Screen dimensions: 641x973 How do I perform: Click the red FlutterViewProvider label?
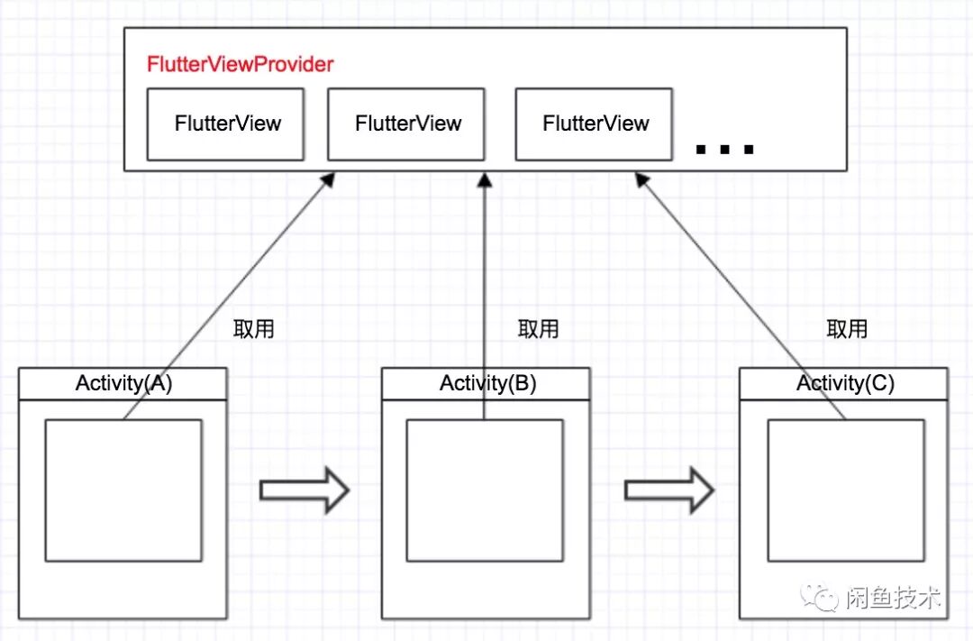pyautogui.click(x=240, y=65)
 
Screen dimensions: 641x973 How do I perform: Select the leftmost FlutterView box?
pyautogui.click(x=226, y=124)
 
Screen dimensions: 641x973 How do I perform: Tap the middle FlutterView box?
pyautogui.click(x=406, y=124)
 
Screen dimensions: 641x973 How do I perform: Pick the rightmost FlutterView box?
pyautogui.click(x=595, y=124)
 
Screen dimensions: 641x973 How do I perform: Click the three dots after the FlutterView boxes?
pyautogui.click(x=725, y=150)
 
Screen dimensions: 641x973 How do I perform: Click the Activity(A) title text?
pyautogui.click(x=123, y=383)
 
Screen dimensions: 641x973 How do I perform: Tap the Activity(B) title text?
pyautogui.click(x=487, y=383)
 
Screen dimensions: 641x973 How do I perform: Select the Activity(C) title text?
pyautogui.click(x=845, y=383)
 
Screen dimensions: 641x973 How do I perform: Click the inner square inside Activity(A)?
pyautogui.click(x=123, y=490)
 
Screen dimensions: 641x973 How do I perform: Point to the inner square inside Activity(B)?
pyautogui.click(x=485, y=490)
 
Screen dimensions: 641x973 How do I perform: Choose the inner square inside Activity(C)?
pyautogui.click(x=845, y=490)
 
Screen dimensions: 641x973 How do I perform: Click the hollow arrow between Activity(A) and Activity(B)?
pyautogui.click(x=304, y=490)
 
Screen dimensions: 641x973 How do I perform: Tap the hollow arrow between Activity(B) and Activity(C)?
pyautogui.click(x=668, y=490)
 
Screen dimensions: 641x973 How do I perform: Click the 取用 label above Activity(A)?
pyautogui.click(x=253, y=328)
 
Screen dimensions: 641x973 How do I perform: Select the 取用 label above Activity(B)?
pyautogui.click(x=538, y=329)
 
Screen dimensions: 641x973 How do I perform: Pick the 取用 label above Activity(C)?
pyautogui.click(x=847, y=329)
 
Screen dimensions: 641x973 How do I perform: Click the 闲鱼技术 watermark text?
pyautogui.click(x=893, y=598)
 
